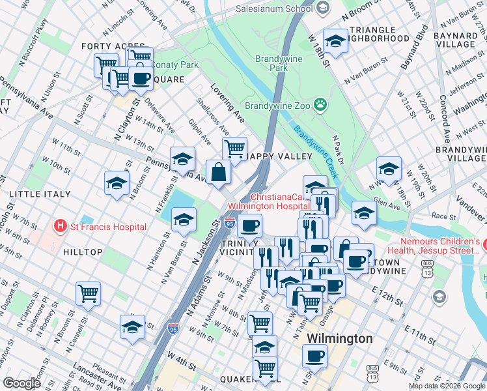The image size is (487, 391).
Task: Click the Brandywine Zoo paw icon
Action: coord(320,104)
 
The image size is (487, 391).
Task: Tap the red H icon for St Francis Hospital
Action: coord(61,227)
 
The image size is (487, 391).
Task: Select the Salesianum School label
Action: coord(288,8)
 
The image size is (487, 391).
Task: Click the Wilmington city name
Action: coord(339,338)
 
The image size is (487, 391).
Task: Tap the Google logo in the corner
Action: coord(21,383)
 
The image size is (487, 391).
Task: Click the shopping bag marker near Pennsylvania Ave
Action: coord(219,173)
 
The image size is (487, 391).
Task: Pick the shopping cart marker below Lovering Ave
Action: coord(234,148)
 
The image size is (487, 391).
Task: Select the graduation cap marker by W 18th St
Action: coord(335,41)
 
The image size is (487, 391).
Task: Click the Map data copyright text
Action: coord(447,386)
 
